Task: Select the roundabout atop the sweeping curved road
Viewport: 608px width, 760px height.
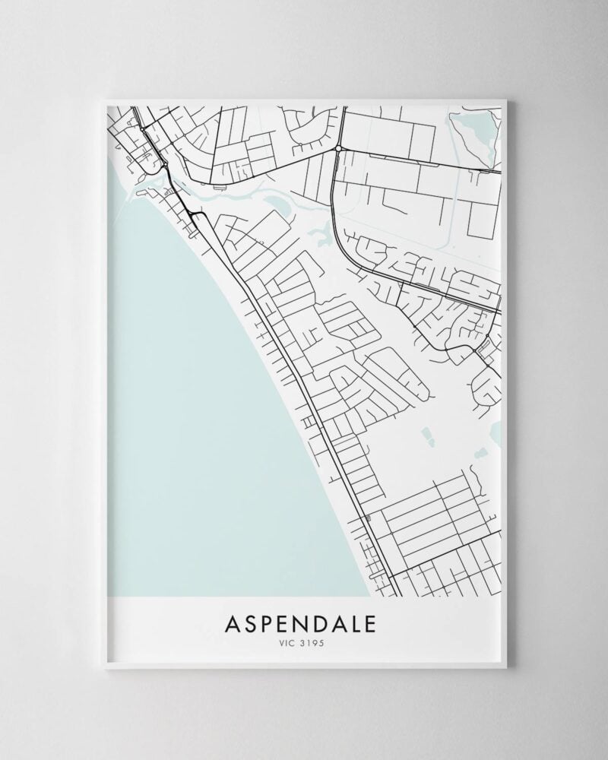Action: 337,150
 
